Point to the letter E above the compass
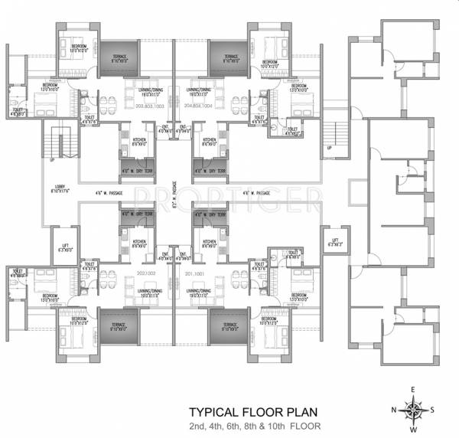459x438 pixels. coord(413,390)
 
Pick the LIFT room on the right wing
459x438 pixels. coord(335,243)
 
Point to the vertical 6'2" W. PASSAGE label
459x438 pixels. coord(173,194)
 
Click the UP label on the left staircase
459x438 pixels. coord(53,161)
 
